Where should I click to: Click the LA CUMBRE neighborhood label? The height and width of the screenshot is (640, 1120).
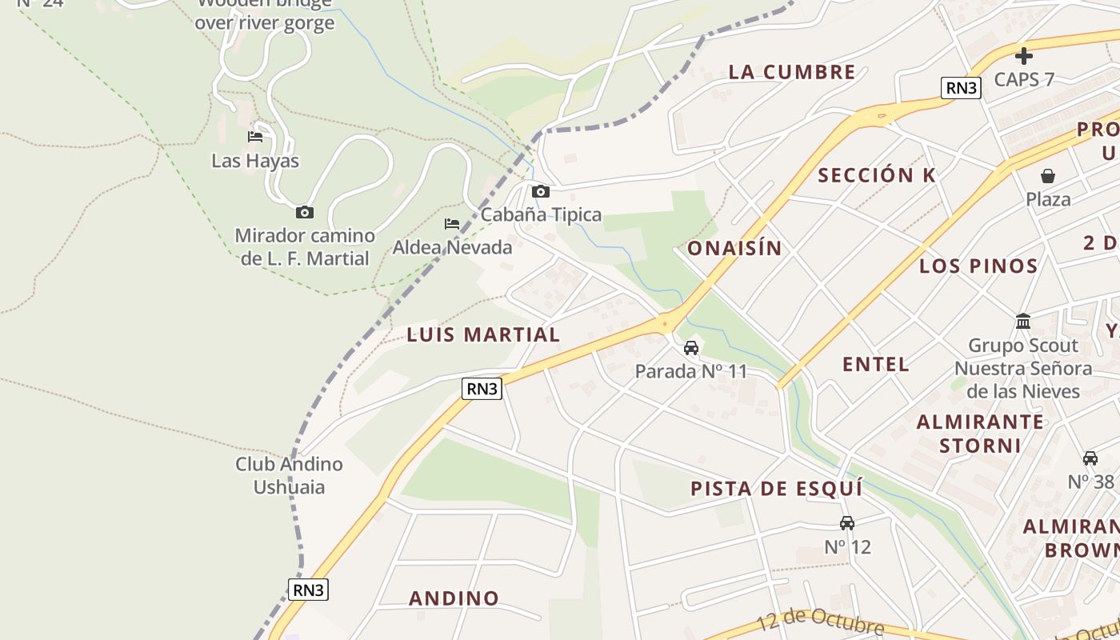pos(792,72)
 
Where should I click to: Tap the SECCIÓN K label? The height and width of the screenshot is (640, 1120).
pos(877,175)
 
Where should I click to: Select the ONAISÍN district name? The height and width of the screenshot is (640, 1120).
pos(734,248)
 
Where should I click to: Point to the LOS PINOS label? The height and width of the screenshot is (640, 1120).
pos(978,266)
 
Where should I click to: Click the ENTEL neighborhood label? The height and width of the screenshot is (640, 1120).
pos(876,364)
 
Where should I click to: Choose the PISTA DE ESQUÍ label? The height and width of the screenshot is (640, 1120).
pos(777,488)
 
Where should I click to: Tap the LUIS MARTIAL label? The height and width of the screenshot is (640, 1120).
pos(483,334)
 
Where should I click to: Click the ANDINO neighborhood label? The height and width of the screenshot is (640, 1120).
pos(454,598)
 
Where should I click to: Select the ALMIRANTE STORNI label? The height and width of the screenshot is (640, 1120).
pos(980,433)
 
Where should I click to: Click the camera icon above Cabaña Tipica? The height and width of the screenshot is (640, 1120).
pos(541,191)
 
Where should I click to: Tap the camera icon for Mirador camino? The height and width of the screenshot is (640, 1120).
pos(304,212)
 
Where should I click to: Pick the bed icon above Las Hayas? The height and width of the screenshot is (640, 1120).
pos(255,137)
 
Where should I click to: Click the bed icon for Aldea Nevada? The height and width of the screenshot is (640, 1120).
pos(452,224)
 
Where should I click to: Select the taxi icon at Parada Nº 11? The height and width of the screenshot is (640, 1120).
pos(691,348)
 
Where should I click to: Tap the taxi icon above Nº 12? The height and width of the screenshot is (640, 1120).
pos(847,523)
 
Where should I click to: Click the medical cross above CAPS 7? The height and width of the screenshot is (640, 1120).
pos(1023,56)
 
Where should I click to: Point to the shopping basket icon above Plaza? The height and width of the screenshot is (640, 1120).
pos(1048,176)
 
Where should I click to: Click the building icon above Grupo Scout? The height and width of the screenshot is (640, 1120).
pos(1023,322)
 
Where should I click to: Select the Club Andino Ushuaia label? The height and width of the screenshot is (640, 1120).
pos(289,475)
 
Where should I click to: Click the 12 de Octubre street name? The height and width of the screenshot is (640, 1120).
pos(820,622)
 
